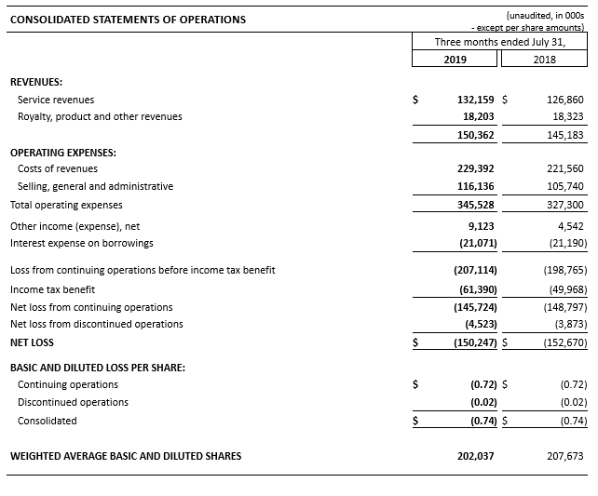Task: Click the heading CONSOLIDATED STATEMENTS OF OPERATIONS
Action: (x=128, y=20)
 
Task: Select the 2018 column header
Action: (x=545, y=59)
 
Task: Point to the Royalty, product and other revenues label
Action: (x=100, y=117)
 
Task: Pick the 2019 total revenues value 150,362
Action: (x=475, y=135)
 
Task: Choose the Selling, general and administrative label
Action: (x=95, y=186)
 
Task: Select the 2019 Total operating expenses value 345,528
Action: (x=475, y=205)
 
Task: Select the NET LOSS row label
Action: (x=32, y=342)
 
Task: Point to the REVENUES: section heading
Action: (x=36, y=82)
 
